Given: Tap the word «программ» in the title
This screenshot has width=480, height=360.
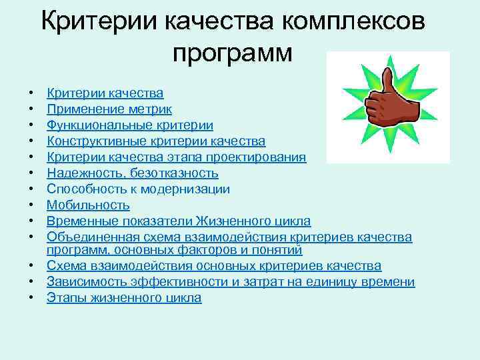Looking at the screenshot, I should click(232, 53).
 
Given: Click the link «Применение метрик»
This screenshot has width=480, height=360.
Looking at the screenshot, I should click(109, 109).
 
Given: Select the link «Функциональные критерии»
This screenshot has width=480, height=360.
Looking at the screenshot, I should click(130, 125).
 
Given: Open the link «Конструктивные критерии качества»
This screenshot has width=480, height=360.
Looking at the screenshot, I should click(156, 141).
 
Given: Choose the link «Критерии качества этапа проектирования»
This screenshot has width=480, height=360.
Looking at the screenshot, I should click(177, 157).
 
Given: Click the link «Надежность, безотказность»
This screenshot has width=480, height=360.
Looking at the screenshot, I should click(132, 173).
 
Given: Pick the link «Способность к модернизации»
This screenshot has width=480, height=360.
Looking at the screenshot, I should click(138, 189).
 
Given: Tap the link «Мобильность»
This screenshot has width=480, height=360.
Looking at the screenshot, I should click(88, 205).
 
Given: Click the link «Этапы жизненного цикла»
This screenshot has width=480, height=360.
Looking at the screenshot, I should click(124, 298).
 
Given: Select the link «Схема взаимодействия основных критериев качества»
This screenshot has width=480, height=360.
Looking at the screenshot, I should click(214, 266).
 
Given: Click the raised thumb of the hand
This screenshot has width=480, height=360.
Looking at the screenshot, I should click(387, 79).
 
